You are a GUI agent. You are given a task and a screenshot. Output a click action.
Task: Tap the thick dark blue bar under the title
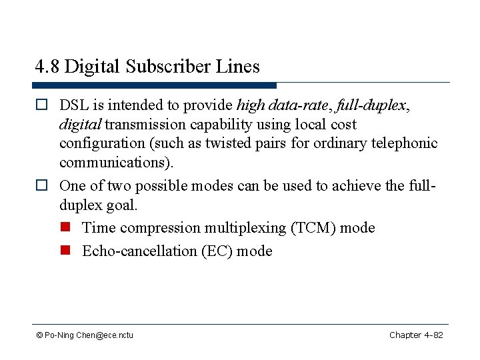154,85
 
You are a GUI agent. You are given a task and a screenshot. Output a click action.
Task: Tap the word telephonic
406,143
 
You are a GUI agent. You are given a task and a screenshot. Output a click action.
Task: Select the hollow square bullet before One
41,186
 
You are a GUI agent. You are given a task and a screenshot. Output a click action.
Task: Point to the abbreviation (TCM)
313,227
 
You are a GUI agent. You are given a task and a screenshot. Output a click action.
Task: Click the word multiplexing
245,227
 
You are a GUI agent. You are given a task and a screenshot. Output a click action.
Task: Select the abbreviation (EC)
216,251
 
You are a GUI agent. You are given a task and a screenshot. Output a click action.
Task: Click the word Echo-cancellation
139,251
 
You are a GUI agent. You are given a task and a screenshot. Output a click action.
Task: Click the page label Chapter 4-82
416,335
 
